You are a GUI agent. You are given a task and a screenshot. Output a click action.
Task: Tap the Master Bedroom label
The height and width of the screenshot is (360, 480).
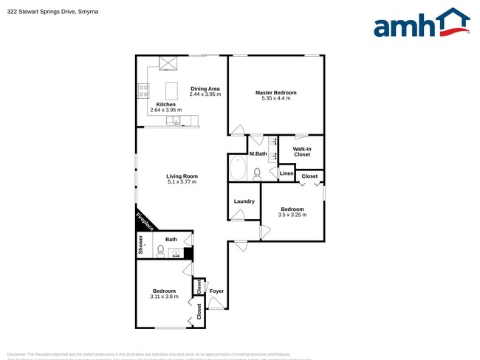276,93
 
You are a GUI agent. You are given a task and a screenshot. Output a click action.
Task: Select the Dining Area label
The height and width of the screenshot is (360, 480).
205,89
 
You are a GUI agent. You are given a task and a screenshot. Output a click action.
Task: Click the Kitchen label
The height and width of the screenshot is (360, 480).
165,105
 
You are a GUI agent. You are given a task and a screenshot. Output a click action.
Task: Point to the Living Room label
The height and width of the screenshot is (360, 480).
182,176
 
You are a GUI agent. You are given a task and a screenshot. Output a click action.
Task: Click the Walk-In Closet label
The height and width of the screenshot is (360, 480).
302,151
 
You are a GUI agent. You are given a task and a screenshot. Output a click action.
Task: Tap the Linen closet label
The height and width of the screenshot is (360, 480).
287,173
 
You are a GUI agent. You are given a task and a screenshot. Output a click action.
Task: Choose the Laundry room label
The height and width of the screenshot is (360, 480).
244,201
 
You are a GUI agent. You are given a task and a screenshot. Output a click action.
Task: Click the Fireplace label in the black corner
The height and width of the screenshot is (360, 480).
145,221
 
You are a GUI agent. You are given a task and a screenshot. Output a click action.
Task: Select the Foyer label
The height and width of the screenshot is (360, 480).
216,291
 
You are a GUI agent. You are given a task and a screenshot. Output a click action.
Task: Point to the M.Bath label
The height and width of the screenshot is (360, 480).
258,153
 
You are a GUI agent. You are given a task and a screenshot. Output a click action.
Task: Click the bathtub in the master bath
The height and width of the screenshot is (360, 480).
238,168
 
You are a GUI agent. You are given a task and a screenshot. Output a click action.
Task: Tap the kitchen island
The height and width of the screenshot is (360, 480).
171,90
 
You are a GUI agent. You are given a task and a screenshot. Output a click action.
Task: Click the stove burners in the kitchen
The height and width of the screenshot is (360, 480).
143,91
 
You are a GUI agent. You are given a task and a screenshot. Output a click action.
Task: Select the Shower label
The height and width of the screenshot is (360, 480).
140,245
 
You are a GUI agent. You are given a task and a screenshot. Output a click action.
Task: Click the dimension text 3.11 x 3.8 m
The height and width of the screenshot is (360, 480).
164,297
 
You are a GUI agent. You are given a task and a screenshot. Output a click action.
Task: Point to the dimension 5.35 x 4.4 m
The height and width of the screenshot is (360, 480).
276,99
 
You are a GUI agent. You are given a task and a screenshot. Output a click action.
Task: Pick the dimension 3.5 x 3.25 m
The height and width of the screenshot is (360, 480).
292,215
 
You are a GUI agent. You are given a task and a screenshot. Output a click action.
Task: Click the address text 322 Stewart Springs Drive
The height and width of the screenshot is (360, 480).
52,12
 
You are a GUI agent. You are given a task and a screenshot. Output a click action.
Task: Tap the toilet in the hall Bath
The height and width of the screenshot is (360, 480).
160,251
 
